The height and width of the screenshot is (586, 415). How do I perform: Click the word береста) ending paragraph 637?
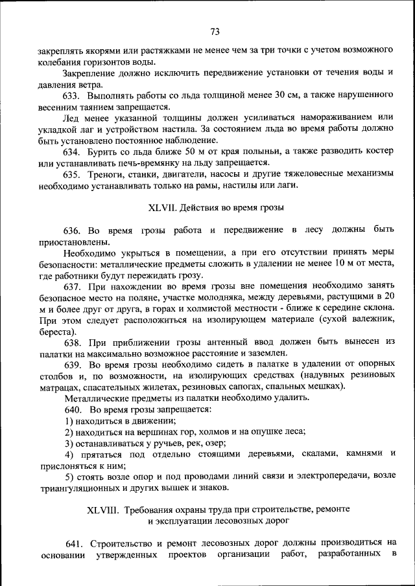[56, 332]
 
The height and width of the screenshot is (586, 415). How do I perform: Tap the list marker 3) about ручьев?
[69, 443]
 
